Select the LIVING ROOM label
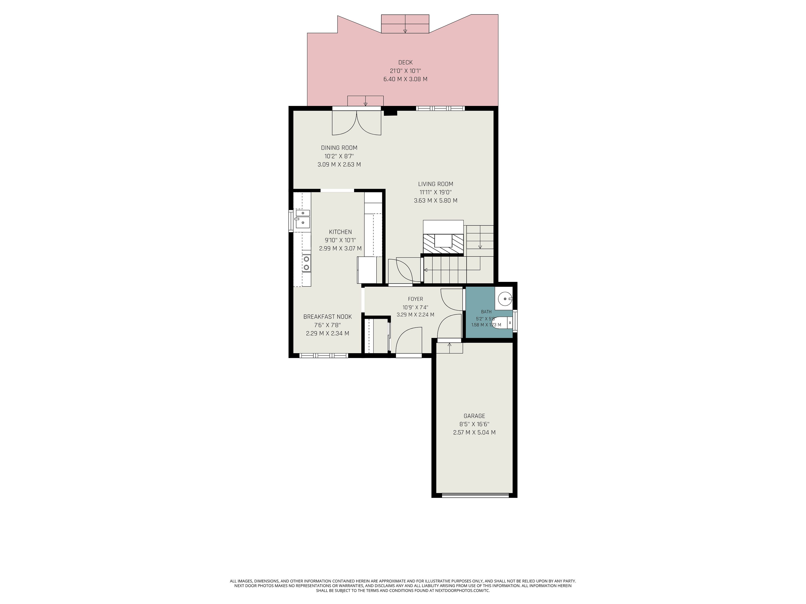[x=436, y=184]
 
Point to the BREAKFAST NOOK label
[x=328, y=317]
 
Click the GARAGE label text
[x=474, y=416]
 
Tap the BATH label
[x=486, y=312]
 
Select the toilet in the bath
[x=503, y=323]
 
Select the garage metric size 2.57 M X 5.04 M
[x=474, y=432]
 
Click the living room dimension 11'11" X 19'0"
[x=436, y=192]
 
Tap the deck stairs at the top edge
[x=405, y=24]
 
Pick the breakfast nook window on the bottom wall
[x=324, y=355]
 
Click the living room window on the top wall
[x=441, y=108]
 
